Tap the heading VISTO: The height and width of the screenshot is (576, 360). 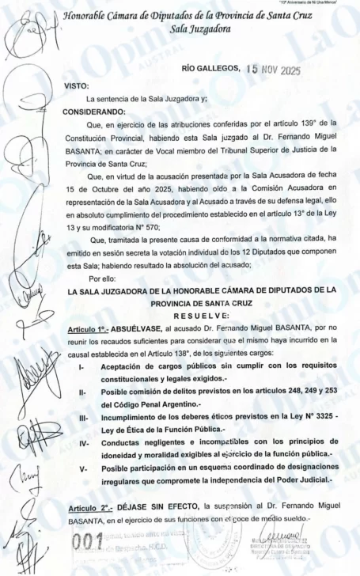coord(78,86)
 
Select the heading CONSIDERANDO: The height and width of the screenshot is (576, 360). coord(95,111)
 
